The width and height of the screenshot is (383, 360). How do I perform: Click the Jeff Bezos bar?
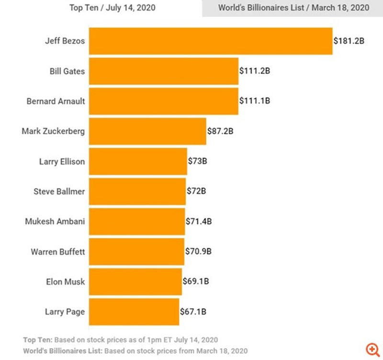[x=211, y=41]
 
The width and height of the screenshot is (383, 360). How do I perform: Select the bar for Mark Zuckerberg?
[x=147, y=130]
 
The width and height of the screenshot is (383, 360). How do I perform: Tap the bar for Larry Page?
[x=134, y=312]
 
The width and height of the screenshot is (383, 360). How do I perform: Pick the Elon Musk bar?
[x=135, y=281]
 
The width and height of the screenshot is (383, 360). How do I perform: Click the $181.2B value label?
[x=349, y=41]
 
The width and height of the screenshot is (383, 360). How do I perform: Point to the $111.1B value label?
[x=255, y=101]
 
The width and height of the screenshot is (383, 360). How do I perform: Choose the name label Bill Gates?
[x=67, y=71]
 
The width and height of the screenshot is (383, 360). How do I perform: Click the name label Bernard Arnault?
[x=56, y=101]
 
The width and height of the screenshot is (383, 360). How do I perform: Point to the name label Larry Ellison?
[x=62, y=161]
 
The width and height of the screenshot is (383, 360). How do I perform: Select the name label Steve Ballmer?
[x=59, y=191]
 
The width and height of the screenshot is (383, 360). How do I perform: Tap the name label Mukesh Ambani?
[x=55, y=221]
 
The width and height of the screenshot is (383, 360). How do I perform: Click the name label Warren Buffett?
[x=57, y=251]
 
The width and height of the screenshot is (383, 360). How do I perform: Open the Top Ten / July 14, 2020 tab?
[x=113, y=8]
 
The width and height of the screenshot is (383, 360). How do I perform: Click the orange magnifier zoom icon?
[x=372, y=348]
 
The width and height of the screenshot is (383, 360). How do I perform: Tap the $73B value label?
[x=197, y=161]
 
